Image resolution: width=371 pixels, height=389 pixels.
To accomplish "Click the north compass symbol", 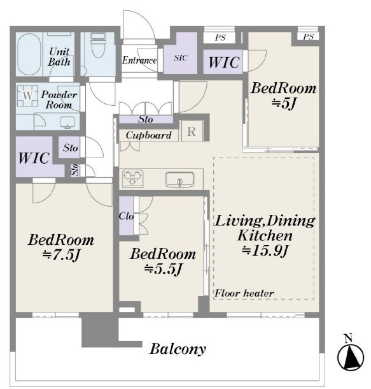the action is coord(350,355).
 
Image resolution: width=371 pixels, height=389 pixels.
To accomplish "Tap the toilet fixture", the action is coord(98,45).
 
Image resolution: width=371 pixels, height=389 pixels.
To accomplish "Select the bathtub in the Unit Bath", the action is coord(29,54).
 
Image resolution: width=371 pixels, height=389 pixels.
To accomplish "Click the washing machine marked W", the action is coord(27,96).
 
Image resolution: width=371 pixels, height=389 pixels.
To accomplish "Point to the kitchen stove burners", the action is coord(133,178).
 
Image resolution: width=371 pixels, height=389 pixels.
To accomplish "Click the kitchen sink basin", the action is coord(179,179).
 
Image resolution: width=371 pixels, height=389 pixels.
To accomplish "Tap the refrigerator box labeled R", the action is coord(192,131).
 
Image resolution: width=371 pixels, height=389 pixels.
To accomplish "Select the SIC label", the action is coord(181,58).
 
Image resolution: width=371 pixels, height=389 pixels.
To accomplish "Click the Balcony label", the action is coord(178,349).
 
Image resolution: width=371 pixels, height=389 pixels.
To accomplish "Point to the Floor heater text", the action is coord(244,293).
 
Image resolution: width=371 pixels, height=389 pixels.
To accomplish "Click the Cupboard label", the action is coord(148,135).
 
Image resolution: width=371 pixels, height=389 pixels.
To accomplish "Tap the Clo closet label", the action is coord(126,216).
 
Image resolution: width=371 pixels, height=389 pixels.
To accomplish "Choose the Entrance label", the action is coord(139,61).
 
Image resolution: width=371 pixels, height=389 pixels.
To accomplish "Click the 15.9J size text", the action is coord(265,251).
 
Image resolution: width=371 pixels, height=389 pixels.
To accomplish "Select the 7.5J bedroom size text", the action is coord(61,255).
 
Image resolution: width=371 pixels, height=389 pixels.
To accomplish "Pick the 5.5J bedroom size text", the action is coord(164,269).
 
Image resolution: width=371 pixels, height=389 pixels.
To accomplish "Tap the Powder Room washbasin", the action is coord(67,122).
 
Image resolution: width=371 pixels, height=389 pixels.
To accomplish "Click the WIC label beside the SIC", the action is coord(224,62).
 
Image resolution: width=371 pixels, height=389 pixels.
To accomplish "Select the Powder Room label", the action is coord(59,99).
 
